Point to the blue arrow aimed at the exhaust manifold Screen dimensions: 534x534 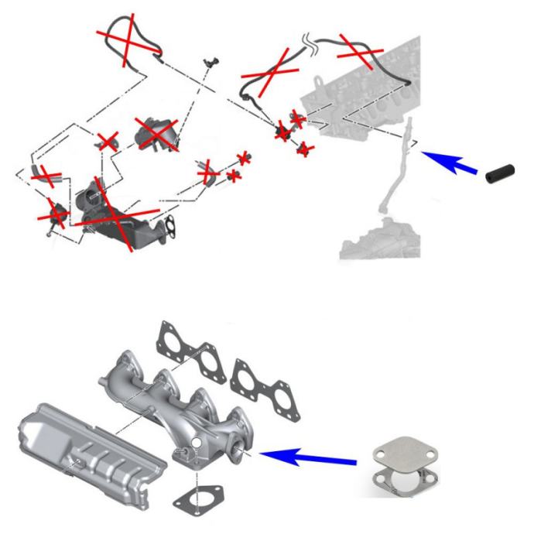310,457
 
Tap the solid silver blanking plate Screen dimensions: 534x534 396,456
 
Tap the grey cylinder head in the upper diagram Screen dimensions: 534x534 364,85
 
